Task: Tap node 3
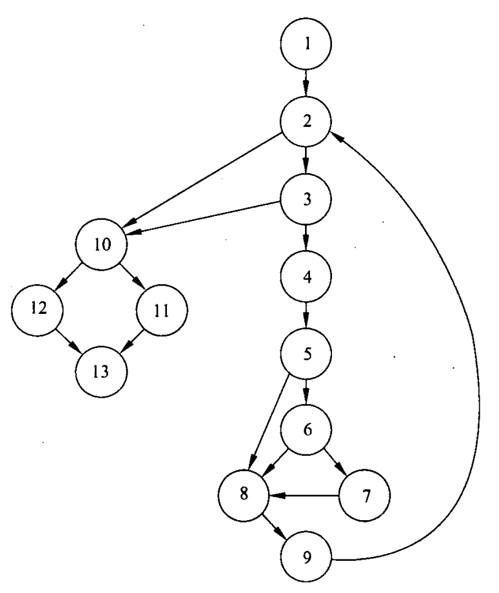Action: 306,199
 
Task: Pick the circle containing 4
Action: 306,276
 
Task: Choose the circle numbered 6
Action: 306,430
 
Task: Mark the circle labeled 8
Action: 243,495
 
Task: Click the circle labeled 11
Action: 161,310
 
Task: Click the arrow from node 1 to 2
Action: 306,84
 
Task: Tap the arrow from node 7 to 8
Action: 303,495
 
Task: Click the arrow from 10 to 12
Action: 69,278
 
